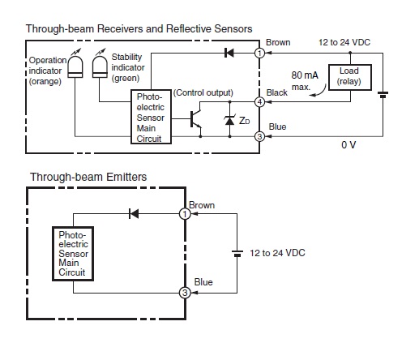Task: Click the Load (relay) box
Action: point(350,77)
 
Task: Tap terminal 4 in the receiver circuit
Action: point(259,102)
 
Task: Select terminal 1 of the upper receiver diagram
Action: point(259,53)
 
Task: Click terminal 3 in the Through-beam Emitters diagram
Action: point(185,293)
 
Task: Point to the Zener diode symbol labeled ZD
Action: point(229,120)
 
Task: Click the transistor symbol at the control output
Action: point(195,119)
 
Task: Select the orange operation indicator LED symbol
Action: point(75,65)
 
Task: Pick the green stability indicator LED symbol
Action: point(100,65)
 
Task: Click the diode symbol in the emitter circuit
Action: point(134,214)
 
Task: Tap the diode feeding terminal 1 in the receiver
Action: point(229,53)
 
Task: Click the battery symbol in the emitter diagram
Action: point(237,254)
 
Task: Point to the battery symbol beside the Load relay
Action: point(383,95)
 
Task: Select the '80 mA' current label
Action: point(305,75)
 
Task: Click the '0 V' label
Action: point(348,145)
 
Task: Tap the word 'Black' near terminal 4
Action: point(276,92)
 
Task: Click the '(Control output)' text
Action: point(203,92)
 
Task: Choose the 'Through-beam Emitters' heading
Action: point(88,177)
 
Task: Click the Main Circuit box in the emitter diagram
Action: point(73,254)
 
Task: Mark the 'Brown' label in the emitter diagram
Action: point(202,205)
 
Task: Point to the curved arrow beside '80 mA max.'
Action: point(319,92)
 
